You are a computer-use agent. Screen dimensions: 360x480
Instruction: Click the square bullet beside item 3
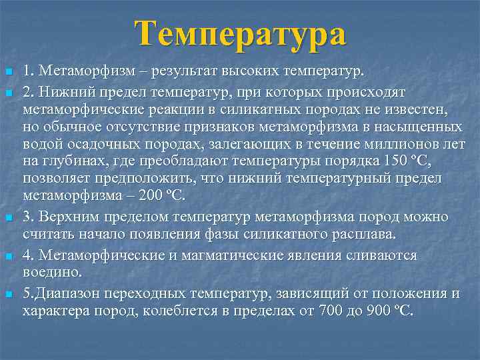point(8,218)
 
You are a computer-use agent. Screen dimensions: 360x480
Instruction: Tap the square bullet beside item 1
point(8,72)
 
